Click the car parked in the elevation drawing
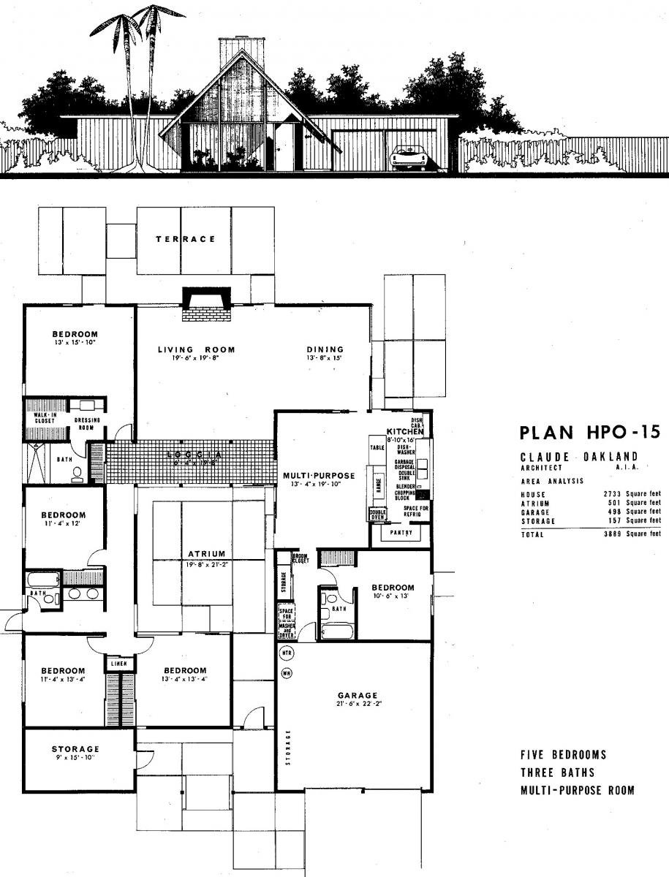click(x=408, y=157)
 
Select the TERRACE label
click(x=185, y=239)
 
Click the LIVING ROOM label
click(x=197, y=349)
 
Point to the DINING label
click(x=325, y=349)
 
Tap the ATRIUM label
click(x=206, y=554)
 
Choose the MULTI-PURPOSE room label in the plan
click(x=319, y=476)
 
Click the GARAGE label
click(x=358, y=695)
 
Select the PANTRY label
click(x=401, y=533)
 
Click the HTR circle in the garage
click(x=287, y=653)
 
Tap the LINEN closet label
click(x=119, y=664)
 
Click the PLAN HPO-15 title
click(x=589, y=432)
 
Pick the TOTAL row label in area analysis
click(x=532, y=535)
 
